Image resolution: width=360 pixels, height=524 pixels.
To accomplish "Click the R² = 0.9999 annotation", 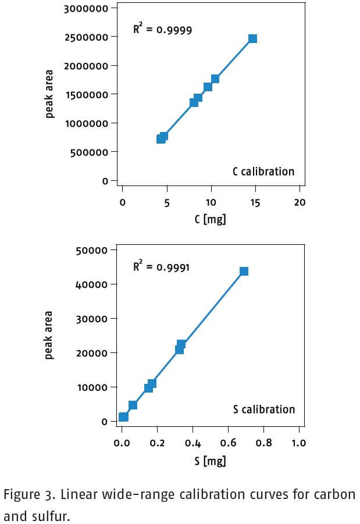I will (x=162, y=28).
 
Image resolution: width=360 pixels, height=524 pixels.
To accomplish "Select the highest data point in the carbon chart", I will (x=252, y=38).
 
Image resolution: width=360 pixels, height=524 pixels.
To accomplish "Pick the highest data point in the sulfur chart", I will (x=244, y=271).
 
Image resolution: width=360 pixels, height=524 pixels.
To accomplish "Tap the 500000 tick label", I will (x=90, y=152).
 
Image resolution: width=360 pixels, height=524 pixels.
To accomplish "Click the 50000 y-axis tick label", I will (x=92, y=250).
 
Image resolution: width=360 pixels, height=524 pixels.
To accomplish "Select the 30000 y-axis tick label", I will (x=92, y=319).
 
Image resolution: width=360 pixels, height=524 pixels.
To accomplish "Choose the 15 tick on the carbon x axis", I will (x=255, y=202).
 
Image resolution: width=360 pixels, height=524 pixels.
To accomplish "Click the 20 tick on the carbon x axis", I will (x=300, y=202).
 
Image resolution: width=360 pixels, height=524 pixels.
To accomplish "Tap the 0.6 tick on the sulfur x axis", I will (x=228, y=443).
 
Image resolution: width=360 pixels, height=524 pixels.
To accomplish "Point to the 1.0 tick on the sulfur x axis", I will (x=299, y=443).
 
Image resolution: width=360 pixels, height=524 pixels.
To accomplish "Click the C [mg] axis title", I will (x=210, y=219).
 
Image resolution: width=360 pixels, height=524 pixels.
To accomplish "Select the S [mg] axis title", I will (x=210, y=461).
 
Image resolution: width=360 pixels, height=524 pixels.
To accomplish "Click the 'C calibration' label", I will (x=263, y=172).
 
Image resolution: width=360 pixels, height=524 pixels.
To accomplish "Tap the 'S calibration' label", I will (x=263, y=409).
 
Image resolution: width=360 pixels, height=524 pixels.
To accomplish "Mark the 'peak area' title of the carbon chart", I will (x=49, y=94).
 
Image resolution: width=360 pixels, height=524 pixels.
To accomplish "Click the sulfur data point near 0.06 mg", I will (x=133, y=405).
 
